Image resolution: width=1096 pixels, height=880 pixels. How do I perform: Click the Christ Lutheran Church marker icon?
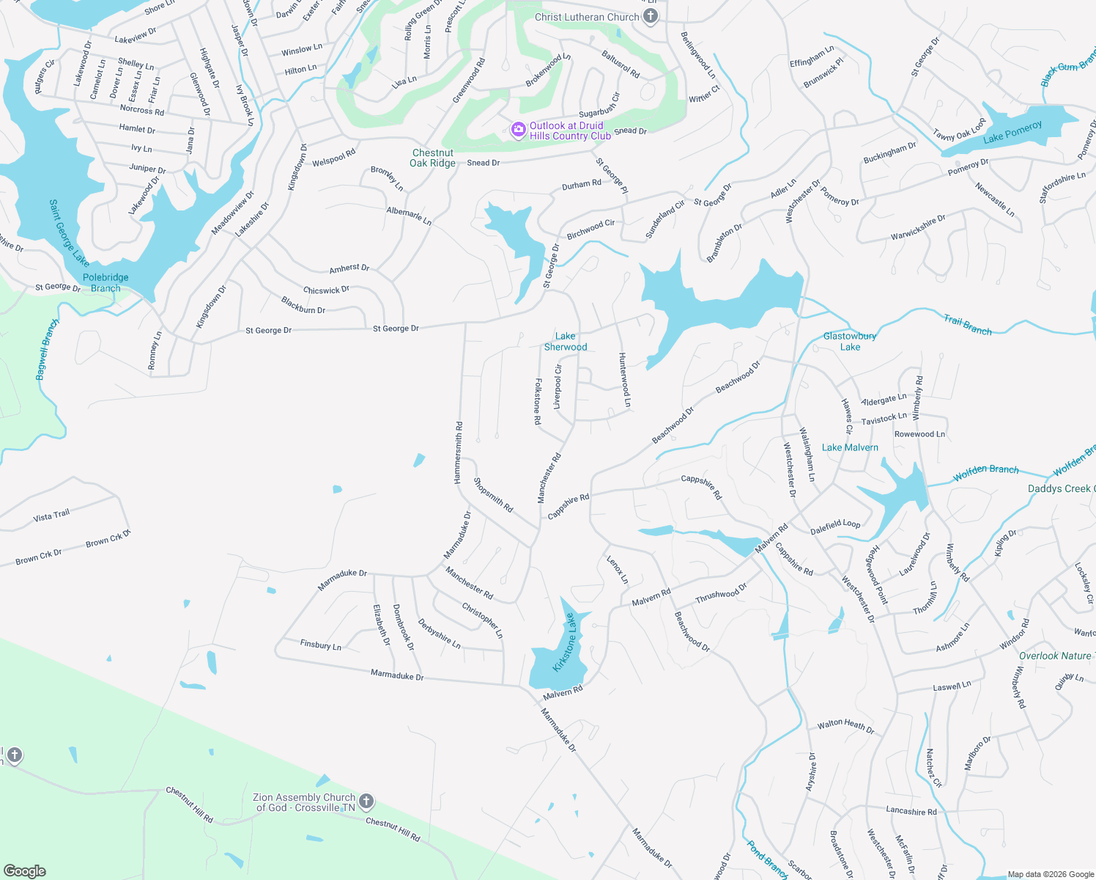point(650,18)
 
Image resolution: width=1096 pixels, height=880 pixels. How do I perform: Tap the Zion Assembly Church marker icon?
point(366,802)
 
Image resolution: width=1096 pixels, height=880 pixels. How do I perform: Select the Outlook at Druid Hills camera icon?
point(519,130)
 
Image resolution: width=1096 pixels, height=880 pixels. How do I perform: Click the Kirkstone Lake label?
point(565,642)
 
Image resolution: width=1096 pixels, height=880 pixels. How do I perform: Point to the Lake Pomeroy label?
point(1012,133)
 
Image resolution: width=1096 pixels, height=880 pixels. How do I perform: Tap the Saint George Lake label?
point(69,232)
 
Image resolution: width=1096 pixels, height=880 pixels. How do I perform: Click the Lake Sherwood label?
point(566,342)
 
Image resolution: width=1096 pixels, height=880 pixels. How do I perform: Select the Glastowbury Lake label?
point(850,342)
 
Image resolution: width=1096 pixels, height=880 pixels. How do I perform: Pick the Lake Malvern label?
point(850,447)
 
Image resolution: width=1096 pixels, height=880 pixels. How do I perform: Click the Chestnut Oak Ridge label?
point(432,158)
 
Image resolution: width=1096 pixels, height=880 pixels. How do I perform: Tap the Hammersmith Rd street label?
point(458,452)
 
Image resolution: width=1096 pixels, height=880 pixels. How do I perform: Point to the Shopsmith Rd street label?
point(493,495)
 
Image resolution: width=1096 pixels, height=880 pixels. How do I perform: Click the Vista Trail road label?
point(51,516)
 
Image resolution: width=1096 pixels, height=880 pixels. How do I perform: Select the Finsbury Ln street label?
point(321,645)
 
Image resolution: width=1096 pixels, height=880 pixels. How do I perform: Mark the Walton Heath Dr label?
point(846,726)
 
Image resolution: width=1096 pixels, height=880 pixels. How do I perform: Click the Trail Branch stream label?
point(967,325)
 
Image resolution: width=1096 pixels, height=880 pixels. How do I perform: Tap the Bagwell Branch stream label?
point(47,349)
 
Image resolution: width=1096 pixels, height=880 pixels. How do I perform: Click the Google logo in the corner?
point(25,870)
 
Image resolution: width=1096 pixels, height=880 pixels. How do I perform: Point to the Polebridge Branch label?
point(105,283)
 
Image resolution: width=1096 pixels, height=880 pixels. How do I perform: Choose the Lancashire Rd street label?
point(911,811)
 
